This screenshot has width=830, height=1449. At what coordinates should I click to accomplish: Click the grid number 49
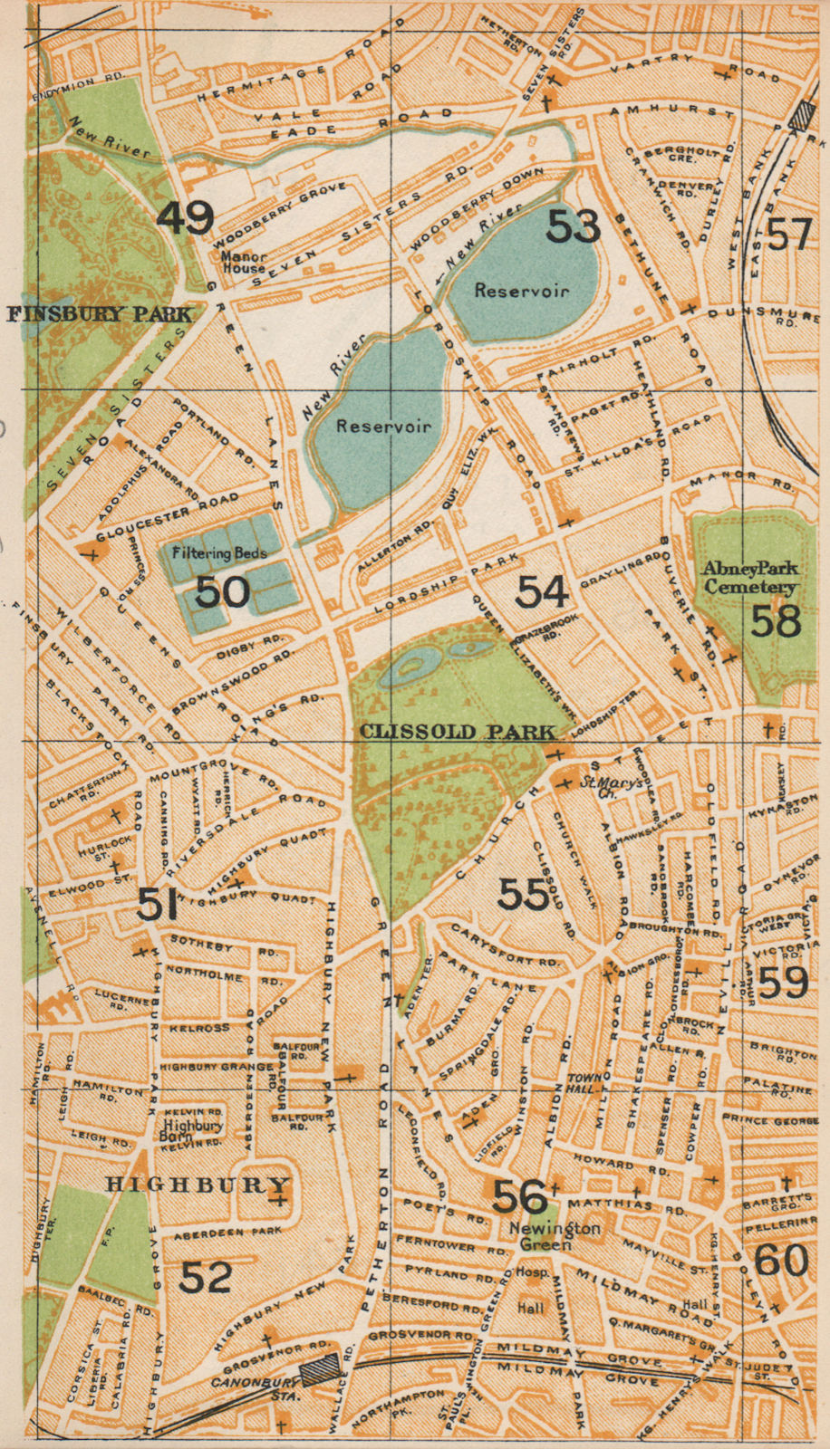click(186, 217)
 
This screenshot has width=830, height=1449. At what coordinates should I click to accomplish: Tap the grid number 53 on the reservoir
click(574, 225)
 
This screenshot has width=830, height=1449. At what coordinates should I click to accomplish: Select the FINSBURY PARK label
click(100, 314)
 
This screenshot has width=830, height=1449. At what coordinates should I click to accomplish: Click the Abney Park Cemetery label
click(751, 578)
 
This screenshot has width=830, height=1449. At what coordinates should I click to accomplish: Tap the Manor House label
click(243, 262)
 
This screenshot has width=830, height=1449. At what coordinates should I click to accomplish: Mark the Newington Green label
click(542, 1236)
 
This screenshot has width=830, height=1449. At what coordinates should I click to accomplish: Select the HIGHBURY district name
click(197, 1185)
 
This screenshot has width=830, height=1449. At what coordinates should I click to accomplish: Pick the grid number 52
click(206, 1277)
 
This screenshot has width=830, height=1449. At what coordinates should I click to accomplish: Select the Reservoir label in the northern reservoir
click(521, 291)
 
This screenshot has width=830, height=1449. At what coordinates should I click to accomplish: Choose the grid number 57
click(787, 234)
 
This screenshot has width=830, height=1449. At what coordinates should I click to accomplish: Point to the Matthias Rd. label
click(651, 1205)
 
